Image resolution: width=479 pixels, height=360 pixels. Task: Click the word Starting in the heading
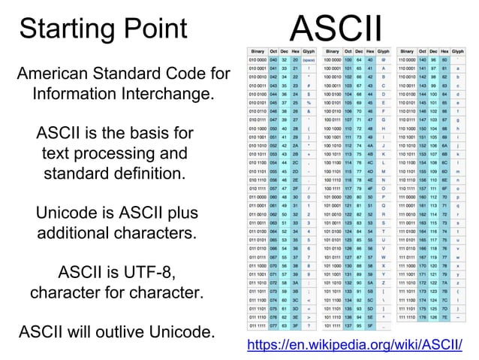pyautogui.click(x=63, y=29)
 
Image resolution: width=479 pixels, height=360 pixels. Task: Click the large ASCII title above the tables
pyautogui.click(x=336, y=27)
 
